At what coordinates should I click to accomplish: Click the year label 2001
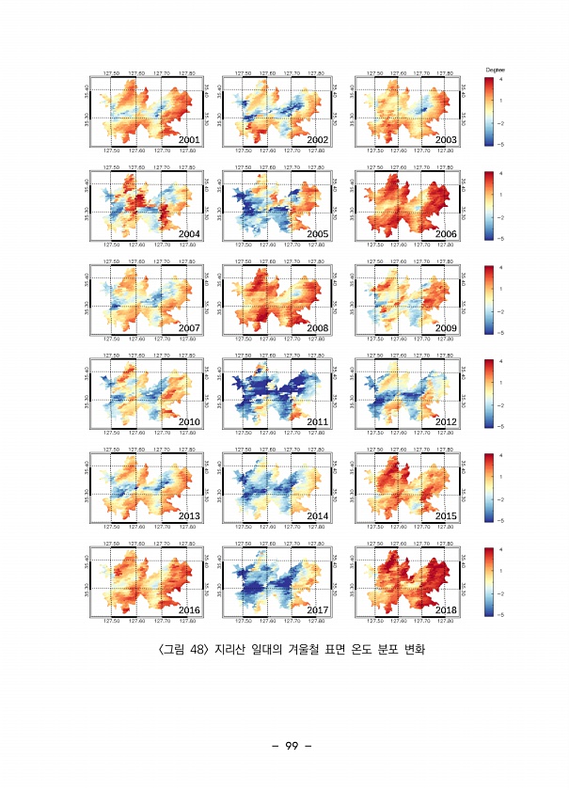coord(189,139)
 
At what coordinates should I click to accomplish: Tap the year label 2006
coord(446,233)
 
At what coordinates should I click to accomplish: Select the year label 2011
coord(317,421)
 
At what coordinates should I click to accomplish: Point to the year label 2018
coord(446,610)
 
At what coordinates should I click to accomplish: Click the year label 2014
coord(317,515)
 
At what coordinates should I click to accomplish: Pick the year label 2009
coord(446,327)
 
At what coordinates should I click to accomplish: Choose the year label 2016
coord(189,610)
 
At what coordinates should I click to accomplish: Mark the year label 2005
coord(317,233)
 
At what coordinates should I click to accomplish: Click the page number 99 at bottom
coord(292,746)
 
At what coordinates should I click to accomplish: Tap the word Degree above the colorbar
coord(497,70)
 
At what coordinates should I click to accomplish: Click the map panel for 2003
coord(407,111)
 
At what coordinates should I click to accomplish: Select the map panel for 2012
coord(407,393)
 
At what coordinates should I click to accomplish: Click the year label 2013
coord(189,515)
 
